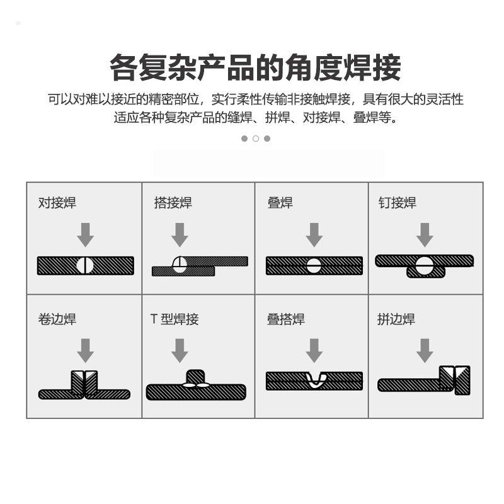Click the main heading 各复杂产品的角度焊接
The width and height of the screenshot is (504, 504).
255,67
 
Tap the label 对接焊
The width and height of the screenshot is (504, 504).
57,203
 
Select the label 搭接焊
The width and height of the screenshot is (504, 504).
173,203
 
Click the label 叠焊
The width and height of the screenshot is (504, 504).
280,203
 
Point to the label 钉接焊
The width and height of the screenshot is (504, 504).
398,203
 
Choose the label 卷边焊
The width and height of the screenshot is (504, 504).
57,319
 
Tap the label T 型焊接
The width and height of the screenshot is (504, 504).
175,319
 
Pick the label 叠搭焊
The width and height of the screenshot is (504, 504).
286,319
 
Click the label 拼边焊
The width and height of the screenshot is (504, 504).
396,319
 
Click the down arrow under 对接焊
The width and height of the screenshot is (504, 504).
86,235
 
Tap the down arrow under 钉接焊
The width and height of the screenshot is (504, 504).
425,235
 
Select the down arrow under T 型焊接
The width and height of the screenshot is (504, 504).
180,351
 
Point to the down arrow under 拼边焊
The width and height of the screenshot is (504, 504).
425,351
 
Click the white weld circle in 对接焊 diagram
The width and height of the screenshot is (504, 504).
85,265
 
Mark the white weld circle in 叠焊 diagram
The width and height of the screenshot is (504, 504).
314,266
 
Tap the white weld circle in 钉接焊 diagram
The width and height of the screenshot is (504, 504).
424,266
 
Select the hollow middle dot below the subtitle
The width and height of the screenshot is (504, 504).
256,139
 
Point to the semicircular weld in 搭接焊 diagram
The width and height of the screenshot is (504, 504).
180,264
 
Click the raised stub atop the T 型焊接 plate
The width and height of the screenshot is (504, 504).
195,377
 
